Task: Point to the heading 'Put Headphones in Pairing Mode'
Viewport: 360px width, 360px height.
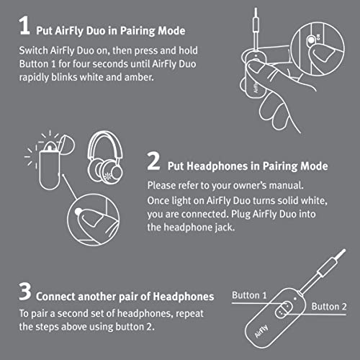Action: click(x=247, y=166)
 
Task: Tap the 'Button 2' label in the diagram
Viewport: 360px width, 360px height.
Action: click(x=328, y=306)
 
